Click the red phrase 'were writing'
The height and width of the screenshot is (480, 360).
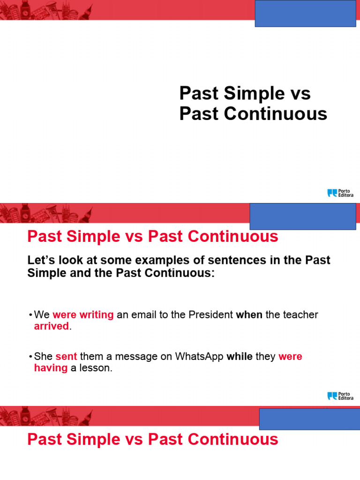click(83, 315)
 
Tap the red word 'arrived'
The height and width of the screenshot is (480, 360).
click(52, 326)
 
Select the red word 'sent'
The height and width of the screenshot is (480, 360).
click(66, 357)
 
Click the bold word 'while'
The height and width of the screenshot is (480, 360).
click(240, 357)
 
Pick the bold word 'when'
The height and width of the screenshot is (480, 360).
click(249, 315)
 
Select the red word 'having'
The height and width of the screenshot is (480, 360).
click(51, 368)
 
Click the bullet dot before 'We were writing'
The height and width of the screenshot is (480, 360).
click(30, 315)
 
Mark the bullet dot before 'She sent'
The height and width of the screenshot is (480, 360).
click(30, 357)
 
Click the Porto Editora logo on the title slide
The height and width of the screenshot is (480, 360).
click(340, 193)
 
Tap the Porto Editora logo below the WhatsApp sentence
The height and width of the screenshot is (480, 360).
click(340, 396)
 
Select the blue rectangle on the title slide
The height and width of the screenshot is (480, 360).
click(305, 13)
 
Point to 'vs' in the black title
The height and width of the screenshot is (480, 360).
click(299, 93)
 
